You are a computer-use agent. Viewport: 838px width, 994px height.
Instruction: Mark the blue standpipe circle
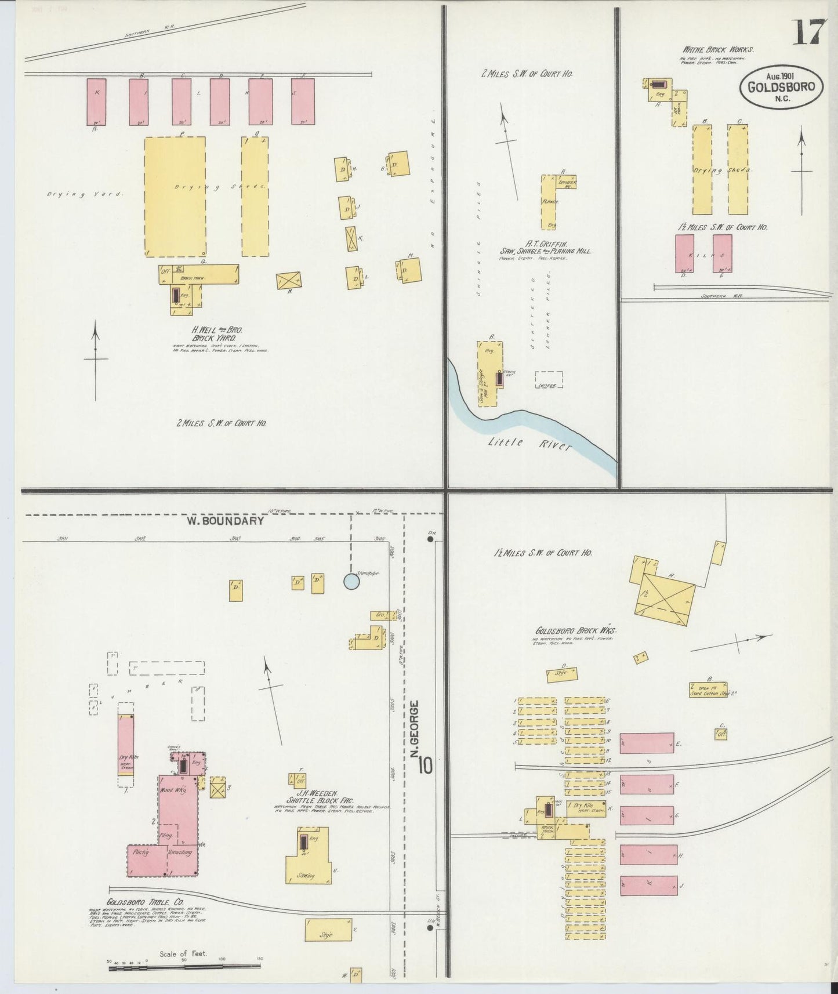[x=351, y=581]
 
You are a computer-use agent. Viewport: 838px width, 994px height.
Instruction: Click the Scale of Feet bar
[x=184, y=965]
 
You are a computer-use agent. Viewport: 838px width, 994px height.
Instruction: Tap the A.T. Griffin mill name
[x=545, y=248]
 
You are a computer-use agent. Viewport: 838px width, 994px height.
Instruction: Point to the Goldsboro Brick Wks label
[x=576, y=630]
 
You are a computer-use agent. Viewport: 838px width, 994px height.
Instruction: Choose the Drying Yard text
[x=85, y=194]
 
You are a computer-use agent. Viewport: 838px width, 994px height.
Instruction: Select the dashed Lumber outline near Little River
[x=548, y=380]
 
